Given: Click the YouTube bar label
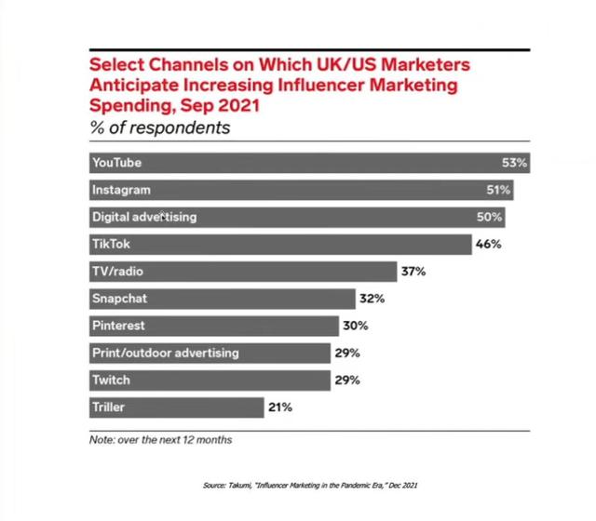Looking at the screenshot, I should (116, 163).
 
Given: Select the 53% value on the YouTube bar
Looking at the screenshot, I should (514, 163).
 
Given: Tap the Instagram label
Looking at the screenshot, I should (121, 190).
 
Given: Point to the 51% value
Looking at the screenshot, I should (498, 190).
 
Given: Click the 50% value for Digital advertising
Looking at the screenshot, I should (490, 217).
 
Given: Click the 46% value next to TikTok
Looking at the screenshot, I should (489, 245).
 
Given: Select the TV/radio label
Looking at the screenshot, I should (117, 272).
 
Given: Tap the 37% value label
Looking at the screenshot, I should (413, 272).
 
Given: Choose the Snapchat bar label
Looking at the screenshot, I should (119, 299).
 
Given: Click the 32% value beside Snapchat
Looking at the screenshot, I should (372, 299).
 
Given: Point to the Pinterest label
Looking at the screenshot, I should (118, 326).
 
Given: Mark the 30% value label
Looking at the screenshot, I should (355, 326).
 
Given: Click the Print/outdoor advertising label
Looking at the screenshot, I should (166, 354).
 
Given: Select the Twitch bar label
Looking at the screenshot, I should (111, 381).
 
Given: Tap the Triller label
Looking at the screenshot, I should (108, 407).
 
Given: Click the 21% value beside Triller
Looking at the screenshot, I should (281, 407).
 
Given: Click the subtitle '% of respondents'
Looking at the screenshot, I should (159, 127).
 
